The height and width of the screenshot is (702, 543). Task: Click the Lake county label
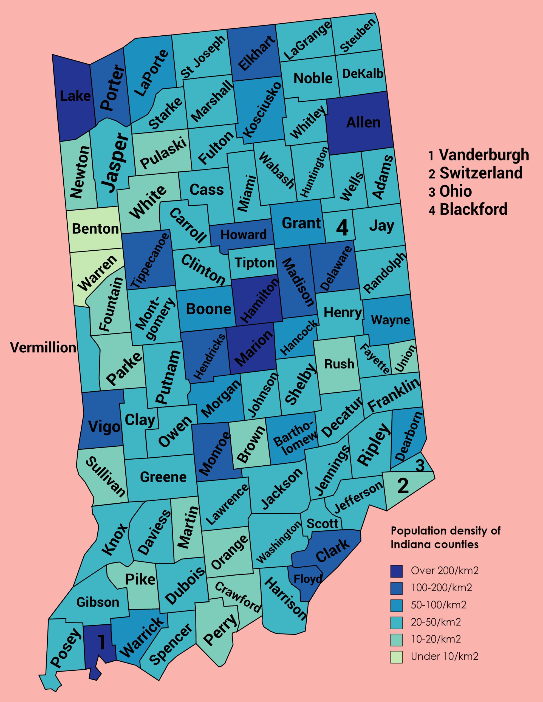75,96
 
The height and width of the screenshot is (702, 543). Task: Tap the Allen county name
363,123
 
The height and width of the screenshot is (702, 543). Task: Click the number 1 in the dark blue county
101,642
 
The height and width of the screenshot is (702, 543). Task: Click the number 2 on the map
403,486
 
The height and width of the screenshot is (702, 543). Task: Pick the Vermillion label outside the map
43,347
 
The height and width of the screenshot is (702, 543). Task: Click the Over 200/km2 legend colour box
396,571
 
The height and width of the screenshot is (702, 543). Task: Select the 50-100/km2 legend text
439,605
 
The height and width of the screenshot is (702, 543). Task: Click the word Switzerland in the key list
481,173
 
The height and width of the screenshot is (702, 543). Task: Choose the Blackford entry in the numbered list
473,209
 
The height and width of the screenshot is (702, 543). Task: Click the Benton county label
95,229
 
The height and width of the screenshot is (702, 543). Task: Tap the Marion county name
254,349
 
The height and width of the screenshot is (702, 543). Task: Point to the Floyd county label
307,579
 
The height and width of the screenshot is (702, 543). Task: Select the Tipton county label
254,263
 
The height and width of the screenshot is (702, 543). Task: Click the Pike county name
140,579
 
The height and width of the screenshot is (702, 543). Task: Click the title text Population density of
445,531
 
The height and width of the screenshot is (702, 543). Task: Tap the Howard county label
243,235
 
